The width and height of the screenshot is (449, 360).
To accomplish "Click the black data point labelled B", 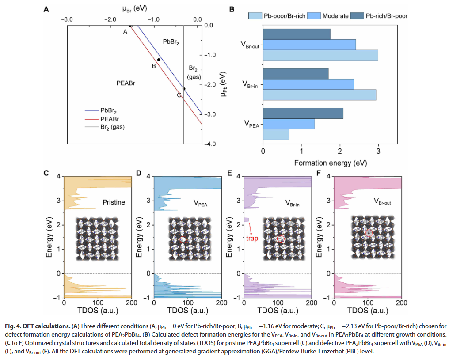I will point(159,60).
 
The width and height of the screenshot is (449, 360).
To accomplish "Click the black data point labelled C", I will point(184,89).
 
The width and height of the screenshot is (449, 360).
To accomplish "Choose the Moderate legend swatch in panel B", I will point(314,16).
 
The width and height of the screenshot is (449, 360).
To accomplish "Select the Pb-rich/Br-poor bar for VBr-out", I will point(297,34).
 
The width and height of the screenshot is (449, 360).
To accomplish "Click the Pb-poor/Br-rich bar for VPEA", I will point(276,134).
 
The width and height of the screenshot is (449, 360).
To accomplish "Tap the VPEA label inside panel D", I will point(202,204).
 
